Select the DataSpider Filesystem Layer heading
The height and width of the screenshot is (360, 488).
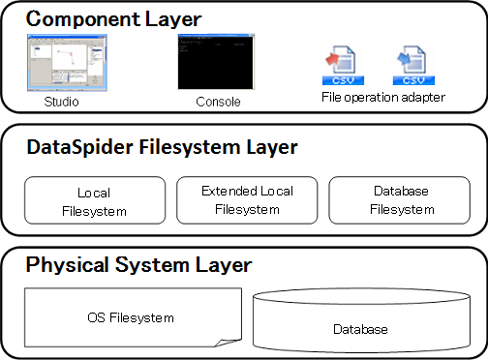click(162, 147)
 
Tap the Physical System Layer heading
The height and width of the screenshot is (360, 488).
click(138, 264)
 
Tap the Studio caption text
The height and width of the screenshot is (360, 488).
click(61, 102)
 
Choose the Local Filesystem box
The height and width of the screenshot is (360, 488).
click(88, 200)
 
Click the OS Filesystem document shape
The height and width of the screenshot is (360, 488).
click(130, 316)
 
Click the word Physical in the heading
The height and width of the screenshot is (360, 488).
click(63, 264)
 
